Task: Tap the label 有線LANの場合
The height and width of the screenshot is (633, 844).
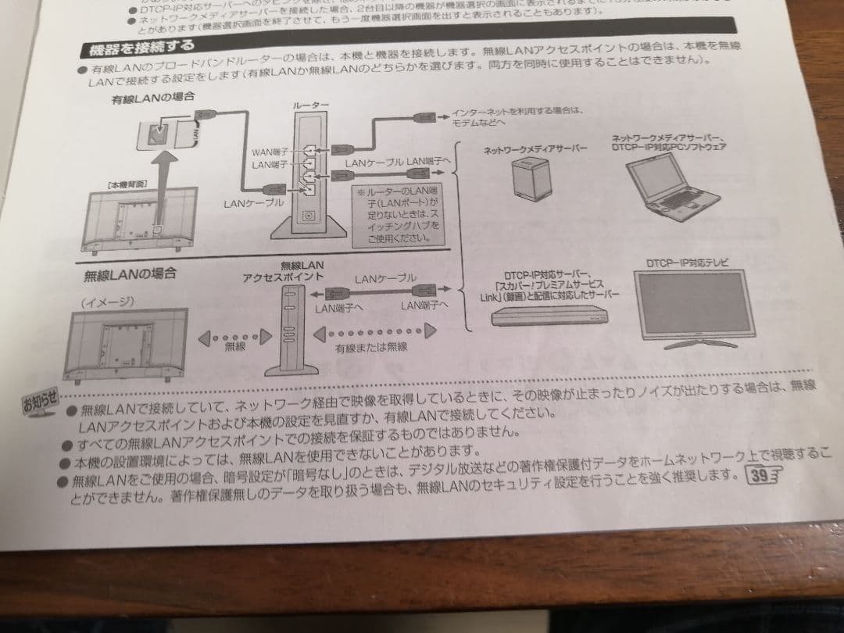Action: click(x=152, y=98)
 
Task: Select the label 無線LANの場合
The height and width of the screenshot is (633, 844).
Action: click(x=130, y=274)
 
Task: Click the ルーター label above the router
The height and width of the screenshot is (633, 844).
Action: click(x=310, y=105)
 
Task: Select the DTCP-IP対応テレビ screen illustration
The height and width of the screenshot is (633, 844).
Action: click(x=694, y=306)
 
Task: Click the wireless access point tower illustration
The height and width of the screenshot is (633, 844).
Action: click(x=291, y=329)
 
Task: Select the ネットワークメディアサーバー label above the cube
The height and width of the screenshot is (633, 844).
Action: click(x=535, y=148)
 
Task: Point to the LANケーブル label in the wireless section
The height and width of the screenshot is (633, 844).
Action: click(x=384, y=279)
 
